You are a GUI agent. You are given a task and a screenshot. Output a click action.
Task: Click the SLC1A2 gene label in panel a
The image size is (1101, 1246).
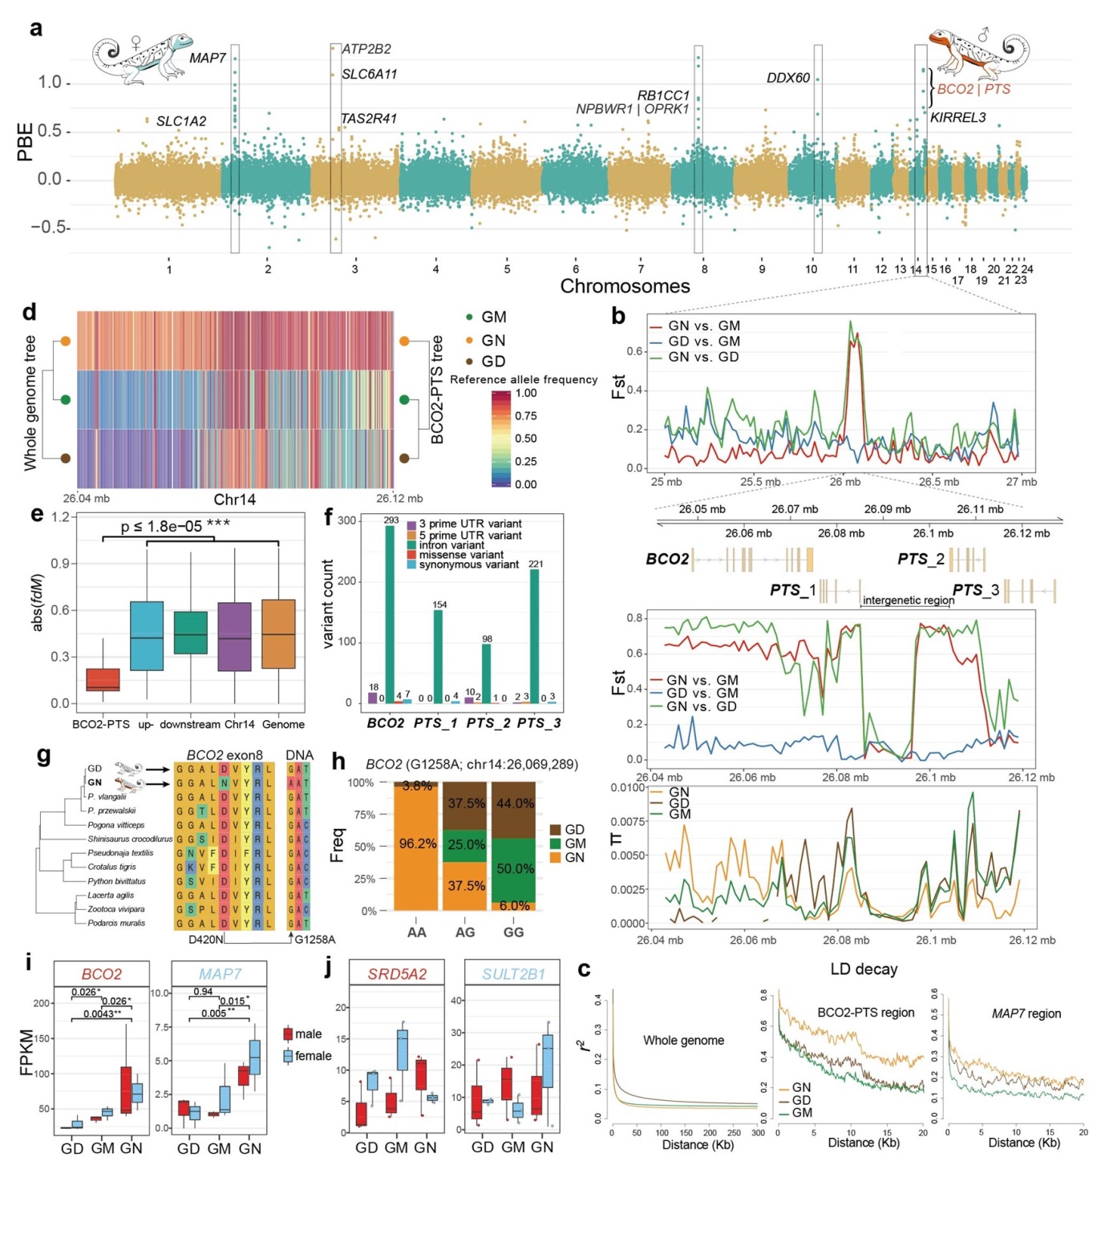pos(181,121)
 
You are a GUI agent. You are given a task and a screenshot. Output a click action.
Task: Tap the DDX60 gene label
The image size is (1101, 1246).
pos(788,78)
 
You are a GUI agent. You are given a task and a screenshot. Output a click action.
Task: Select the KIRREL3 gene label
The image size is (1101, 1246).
pos(957,118)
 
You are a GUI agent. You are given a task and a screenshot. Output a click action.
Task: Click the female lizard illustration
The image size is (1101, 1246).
pos(143,58)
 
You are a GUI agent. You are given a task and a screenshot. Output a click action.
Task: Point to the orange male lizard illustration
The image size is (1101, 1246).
pos(976,55)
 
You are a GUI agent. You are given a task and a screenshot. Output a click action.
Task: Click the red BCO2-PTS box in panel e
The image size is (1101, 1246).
pos(103,679)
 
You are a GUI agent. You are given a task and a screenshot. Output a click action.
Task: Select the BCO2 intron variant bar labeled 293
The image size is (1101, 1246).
pos(391,614)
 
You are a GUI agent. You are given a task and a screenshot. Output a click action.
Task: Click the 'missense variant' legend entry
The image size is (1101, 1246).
pos(461,555)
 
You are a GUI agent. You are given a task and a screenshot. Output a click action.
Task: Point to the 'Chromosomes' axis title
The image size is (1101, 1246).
pos(625,286)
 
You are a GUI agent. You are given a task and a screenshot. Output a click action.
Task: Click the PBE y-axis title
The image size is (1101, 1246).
pos(26,141)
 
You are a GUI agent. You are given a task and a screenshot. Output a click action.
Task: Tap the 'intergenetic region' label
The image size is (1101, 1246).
pos(908,600)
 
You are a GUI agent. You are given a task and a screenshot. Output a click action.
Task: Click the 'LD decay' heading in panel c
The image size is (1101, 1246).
pos(864,969)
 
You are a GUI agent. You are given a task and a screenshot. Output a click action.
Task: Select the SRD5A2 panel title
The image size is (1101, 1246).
pos(397,974)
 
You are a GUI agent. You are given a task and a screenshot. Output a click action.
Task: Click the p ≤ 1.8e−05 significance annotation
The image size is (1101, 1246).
pos(176,526)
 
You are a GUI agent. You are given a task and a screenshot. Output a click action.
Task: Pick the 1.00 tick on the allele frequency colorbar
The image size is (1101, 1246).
pos(526,393)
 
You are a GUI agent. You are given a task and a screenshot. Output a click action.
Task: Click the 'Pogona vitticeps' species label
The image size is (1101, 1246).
pos(116,825)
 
